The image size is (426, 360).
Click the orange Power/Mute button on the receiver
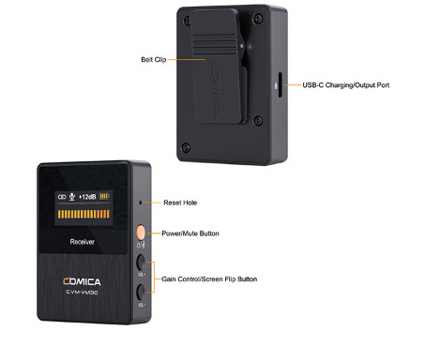tap(141, 232)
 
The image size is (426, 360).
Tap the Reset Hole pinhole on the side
tap(141, 202)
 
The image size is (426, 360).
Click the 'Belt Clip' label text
tap(154, 59)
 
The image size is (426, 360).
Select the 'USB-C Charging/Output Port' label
tap(346, 85)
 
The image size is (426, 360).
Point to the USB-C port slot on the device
tap(280, 85)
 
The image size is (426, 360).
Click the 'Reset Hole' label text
tap(180, 202)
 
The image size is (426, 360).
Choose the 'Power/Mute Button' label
tap(190, 233)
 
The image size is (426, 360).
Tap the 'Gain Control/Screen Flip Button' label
tap(209, 279)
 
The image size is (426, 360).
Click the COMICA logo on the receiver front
tap(82, 282)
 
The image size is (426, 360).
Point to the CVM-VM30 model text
tap(82, 292)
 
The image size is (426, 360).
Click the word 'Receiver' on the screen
tap(82, 242)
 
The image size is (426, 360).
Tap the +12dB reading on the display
tap(87, 197)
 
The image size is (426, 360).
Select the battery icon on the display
tap(104, 196)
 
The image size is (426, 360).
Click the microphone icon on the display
tap(72, 197)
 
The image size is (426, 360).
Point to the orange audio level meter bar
tap(84, 214)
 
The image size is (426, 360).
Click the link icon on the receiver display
tap(62, 197)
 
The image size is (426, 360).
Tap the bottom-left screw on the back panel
tap(186, 147)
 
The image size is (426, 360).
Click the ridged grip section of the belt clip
tap(215, 46)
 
